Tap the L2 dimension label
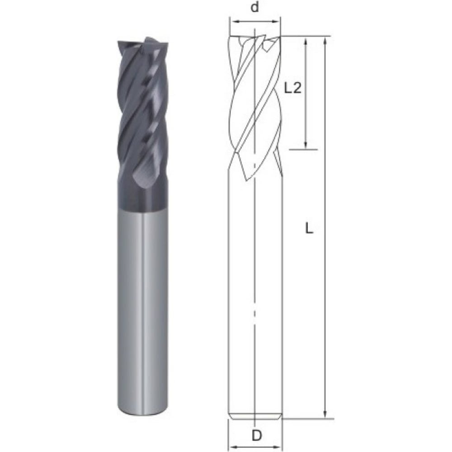click(x=292, y=88)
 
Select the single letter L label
click(x=309, y=229)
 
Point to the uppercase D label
click(x=257, y=435)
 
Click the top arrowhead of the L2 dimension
click(x=306, y=40)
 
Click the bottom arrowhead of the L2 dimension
click(x=306, y=146)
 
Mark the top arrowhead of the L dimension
click(x=325, y=41)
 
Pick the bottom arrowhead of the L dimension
click(x=325, y=414)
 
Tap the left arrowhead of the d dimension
click(x=234, y=21)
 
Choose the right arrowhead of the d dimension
click(x=277, y=21)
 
